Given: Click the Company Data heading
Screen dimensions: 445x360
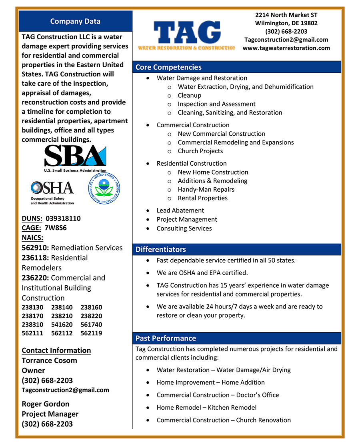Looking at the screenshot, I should [75, 22].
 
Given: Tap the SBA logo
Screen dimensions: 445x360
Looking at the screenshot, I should [75, 158].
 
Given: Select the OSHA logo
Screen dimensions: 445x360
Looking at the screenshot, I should [52, 192].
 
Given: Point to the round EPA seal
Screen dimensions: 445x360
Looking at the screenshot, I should [104, 188].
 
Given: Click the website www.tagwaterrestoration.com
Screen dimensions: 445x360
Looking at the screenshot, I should [286, 48].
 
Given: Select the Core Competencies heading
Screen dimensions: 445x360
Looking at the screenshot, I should [168, 67].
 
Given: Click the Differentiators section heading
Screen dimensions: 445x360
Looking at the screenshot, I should [161, 249].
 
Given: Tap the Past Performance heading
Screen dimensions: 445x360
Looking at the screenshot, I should [166, 338].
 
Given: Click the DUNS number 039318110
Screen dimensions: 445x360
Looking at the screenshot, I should [63, 218].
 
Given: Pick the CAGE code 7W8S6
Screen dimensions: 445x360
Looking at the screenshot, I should [56, 228].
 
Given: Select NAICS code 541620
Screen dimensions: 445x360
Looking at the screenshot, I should [62, 325].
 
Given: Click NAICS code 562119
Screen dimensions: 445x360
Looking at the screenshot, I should [91, 333].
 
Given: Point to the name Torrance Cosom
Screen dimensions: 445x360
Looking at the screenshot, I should [49, 360].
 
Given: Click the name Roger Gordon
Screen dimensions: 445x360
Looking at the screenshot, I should [46, 404].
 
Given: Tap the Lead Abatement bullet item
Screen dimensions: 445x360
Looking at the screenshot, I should [180, 210].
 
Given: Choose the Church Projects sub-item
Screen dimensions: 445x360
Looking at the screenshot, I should [200, 151].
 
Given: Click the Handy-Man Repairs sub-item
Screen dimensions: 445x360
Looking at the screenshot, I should [206, 189].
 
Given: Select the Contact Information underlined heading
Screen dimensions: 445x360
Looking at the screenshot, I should [56, 350].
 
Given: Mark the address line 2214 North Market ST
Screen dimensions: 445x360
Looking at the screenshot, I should [286, 15].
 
